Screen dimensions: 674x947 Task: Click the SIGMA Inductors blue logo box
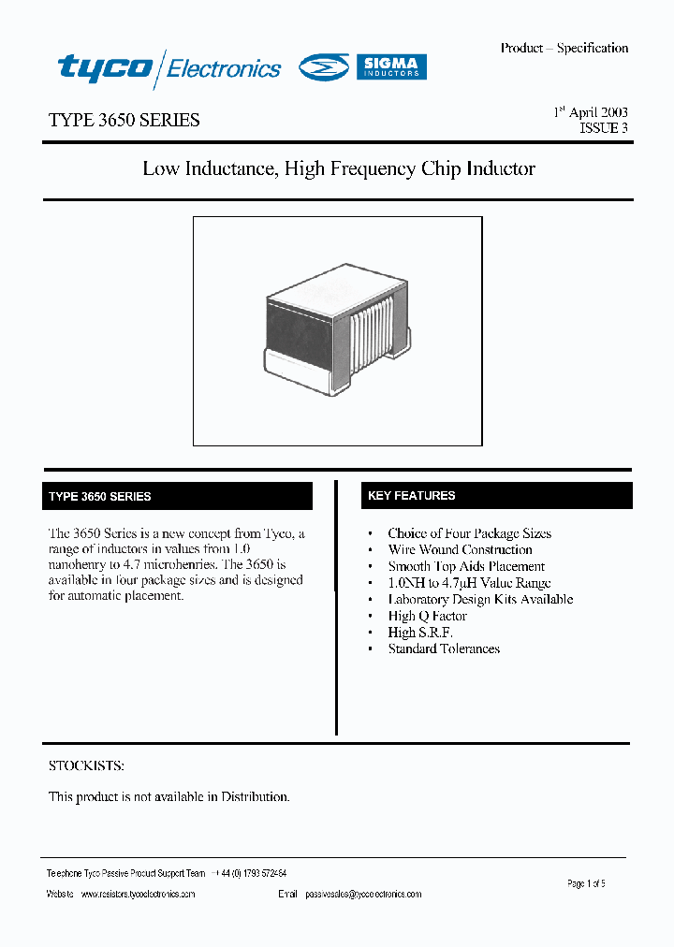pos(391,66)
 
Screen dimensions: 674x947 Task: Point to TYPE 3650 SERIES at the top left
pos(124,121)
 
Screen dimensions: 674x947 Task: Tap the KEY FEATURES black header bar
pos(496,496)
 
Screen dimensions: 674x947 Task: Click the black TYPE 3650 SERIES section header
pos(179,496)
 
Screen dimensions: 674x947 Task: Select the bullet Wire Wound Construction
pos(460,550)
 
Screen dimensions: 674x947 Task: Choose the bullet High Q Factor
pos(427,616)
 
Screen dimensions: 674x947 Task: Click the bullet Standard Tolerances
pos(444,648)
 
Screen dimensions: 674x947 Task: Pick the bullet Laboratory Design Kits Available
pos(480,599)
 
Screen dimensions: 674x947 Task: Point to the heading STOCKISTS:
pos(86,765)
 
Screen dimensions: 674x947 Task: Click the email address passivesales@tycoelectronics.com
pos(363,895)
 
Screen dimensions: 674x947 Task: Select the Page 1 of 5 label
pos(587,883)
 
